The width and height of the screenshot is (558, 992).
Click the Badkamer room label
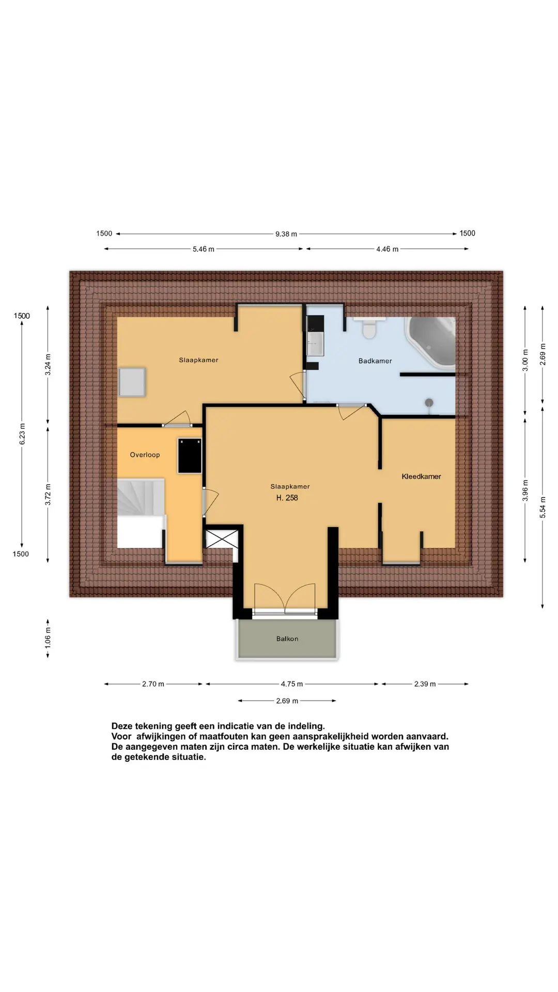375,361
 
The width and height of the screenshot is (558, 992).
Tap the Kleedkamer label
422,476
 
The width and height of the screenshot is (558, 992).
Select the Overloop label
145,455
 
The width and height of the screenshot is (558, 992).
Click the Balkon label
287,639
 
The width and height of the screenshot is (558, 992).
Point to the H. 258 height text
287,498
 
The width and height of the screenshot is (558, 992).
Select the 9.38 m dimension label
286,234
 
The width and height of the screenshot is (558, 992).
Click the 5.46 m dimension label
204,249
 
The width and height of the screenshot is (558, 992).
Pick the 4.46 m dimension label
388,249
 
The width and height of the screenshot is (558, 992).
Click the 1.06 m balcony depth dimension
48,638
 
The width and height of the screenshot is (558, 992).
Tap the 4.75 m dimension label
292,684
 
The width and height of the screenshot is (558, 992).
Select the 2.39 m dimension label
425,684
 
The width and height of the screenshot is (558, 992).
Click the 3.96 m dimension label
525,490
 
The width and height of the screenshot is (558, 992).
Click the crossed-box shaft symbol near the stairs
222,539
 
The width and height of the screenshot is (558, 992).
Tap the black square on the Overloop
190,455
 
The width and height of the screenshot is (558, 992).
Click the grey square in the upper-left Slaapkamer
132,382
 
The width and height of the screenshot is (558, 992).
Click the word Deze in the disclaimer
122,726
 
